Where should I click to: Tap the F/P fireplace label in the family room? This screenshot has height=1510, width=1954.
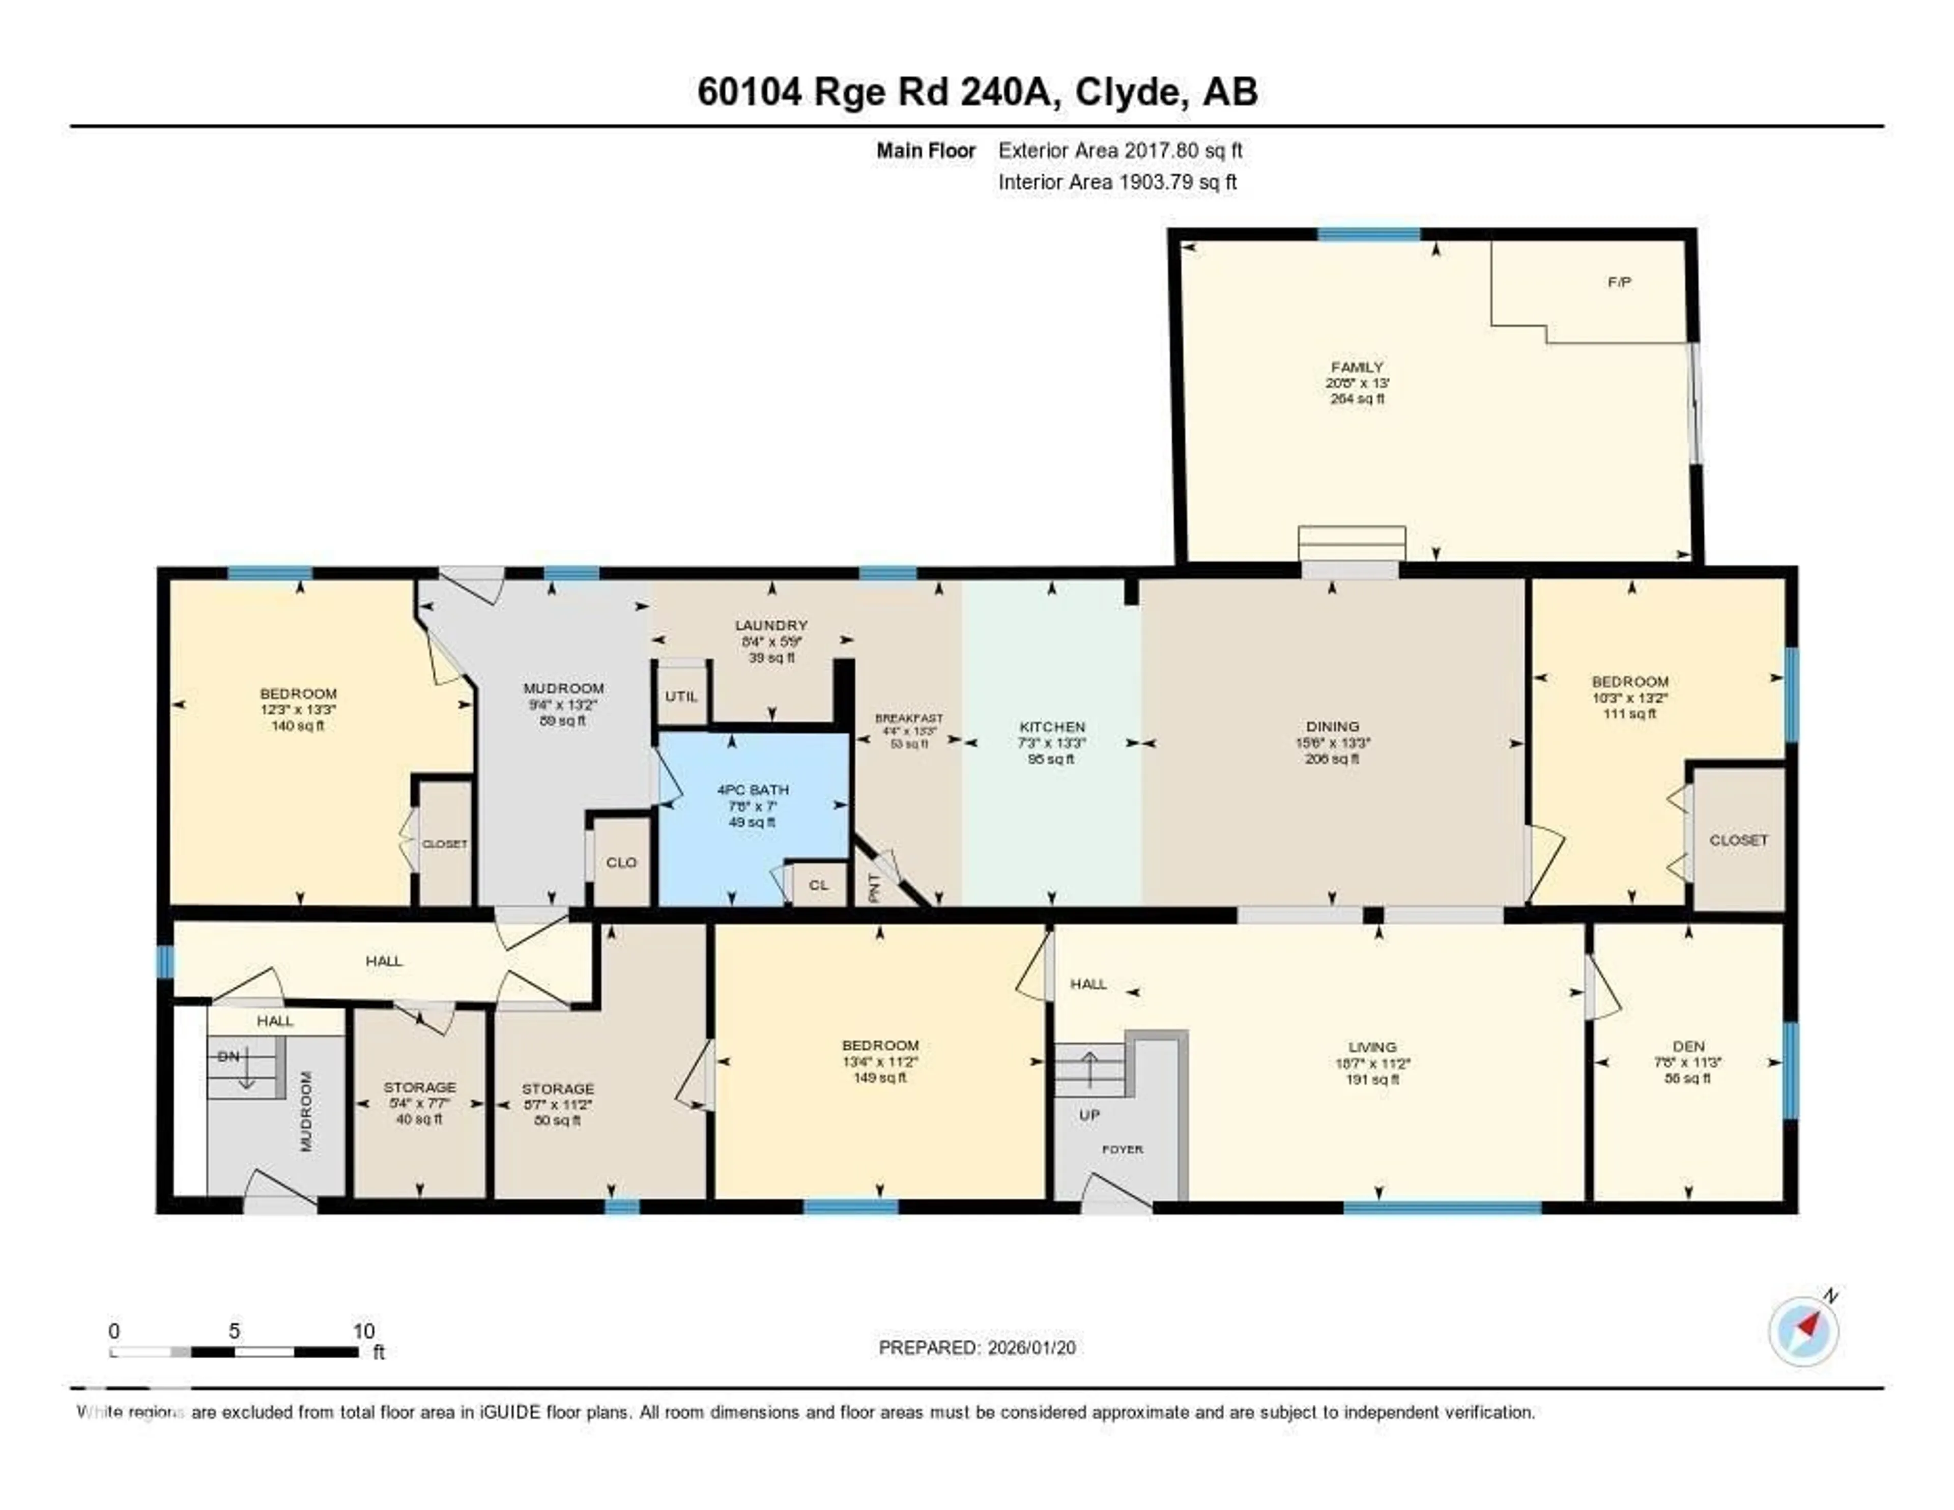click(1619, 282)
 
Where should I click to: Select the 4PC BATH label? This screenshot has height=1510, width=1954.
click(753, 790)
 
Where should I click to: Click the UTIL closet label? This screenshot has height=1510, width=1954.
click(682, 696)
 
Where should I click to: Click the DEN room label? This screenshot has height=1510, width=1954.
click(1688, 1046)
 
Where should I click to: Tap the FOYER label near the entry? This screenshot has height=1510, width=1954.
click(1122, 1149)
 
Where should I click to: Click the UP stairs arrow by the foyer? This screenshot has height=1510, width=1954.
click(1090, 1065)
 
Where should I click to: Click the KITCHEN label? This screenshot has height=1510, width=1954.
click(1052, 727)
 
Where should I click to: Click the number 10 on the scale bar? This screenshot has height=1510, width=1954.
click(363, 1331)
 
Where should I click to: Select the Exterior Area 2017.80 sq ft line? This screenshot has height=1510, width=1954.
click(1119, 150)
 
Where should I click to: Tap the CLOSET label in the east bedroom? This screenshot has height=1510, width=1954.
click(1738, 840)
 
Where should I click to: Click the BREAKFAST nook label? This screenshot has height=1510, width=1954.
click(909, 718)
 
